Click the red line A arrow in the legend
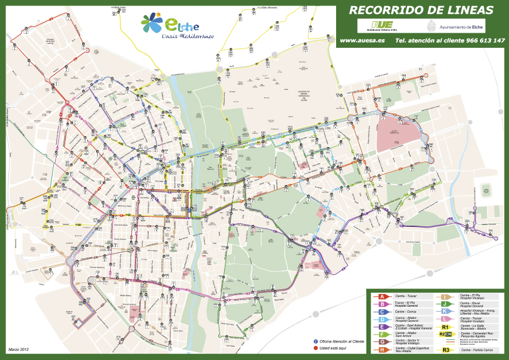click(382, 296)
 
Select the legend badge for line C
click(382, 311)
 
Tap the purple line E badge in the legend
click(382, 326)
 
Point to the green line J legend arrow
click(445, 304)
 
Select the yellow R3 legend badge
click(445, 349)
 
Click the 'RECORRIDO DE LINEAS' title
click(421, 10)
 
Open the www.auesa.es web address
click(363, 41)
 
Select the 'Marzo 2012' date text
click(19, 349)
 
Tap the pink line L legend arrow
click(445, 318)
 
